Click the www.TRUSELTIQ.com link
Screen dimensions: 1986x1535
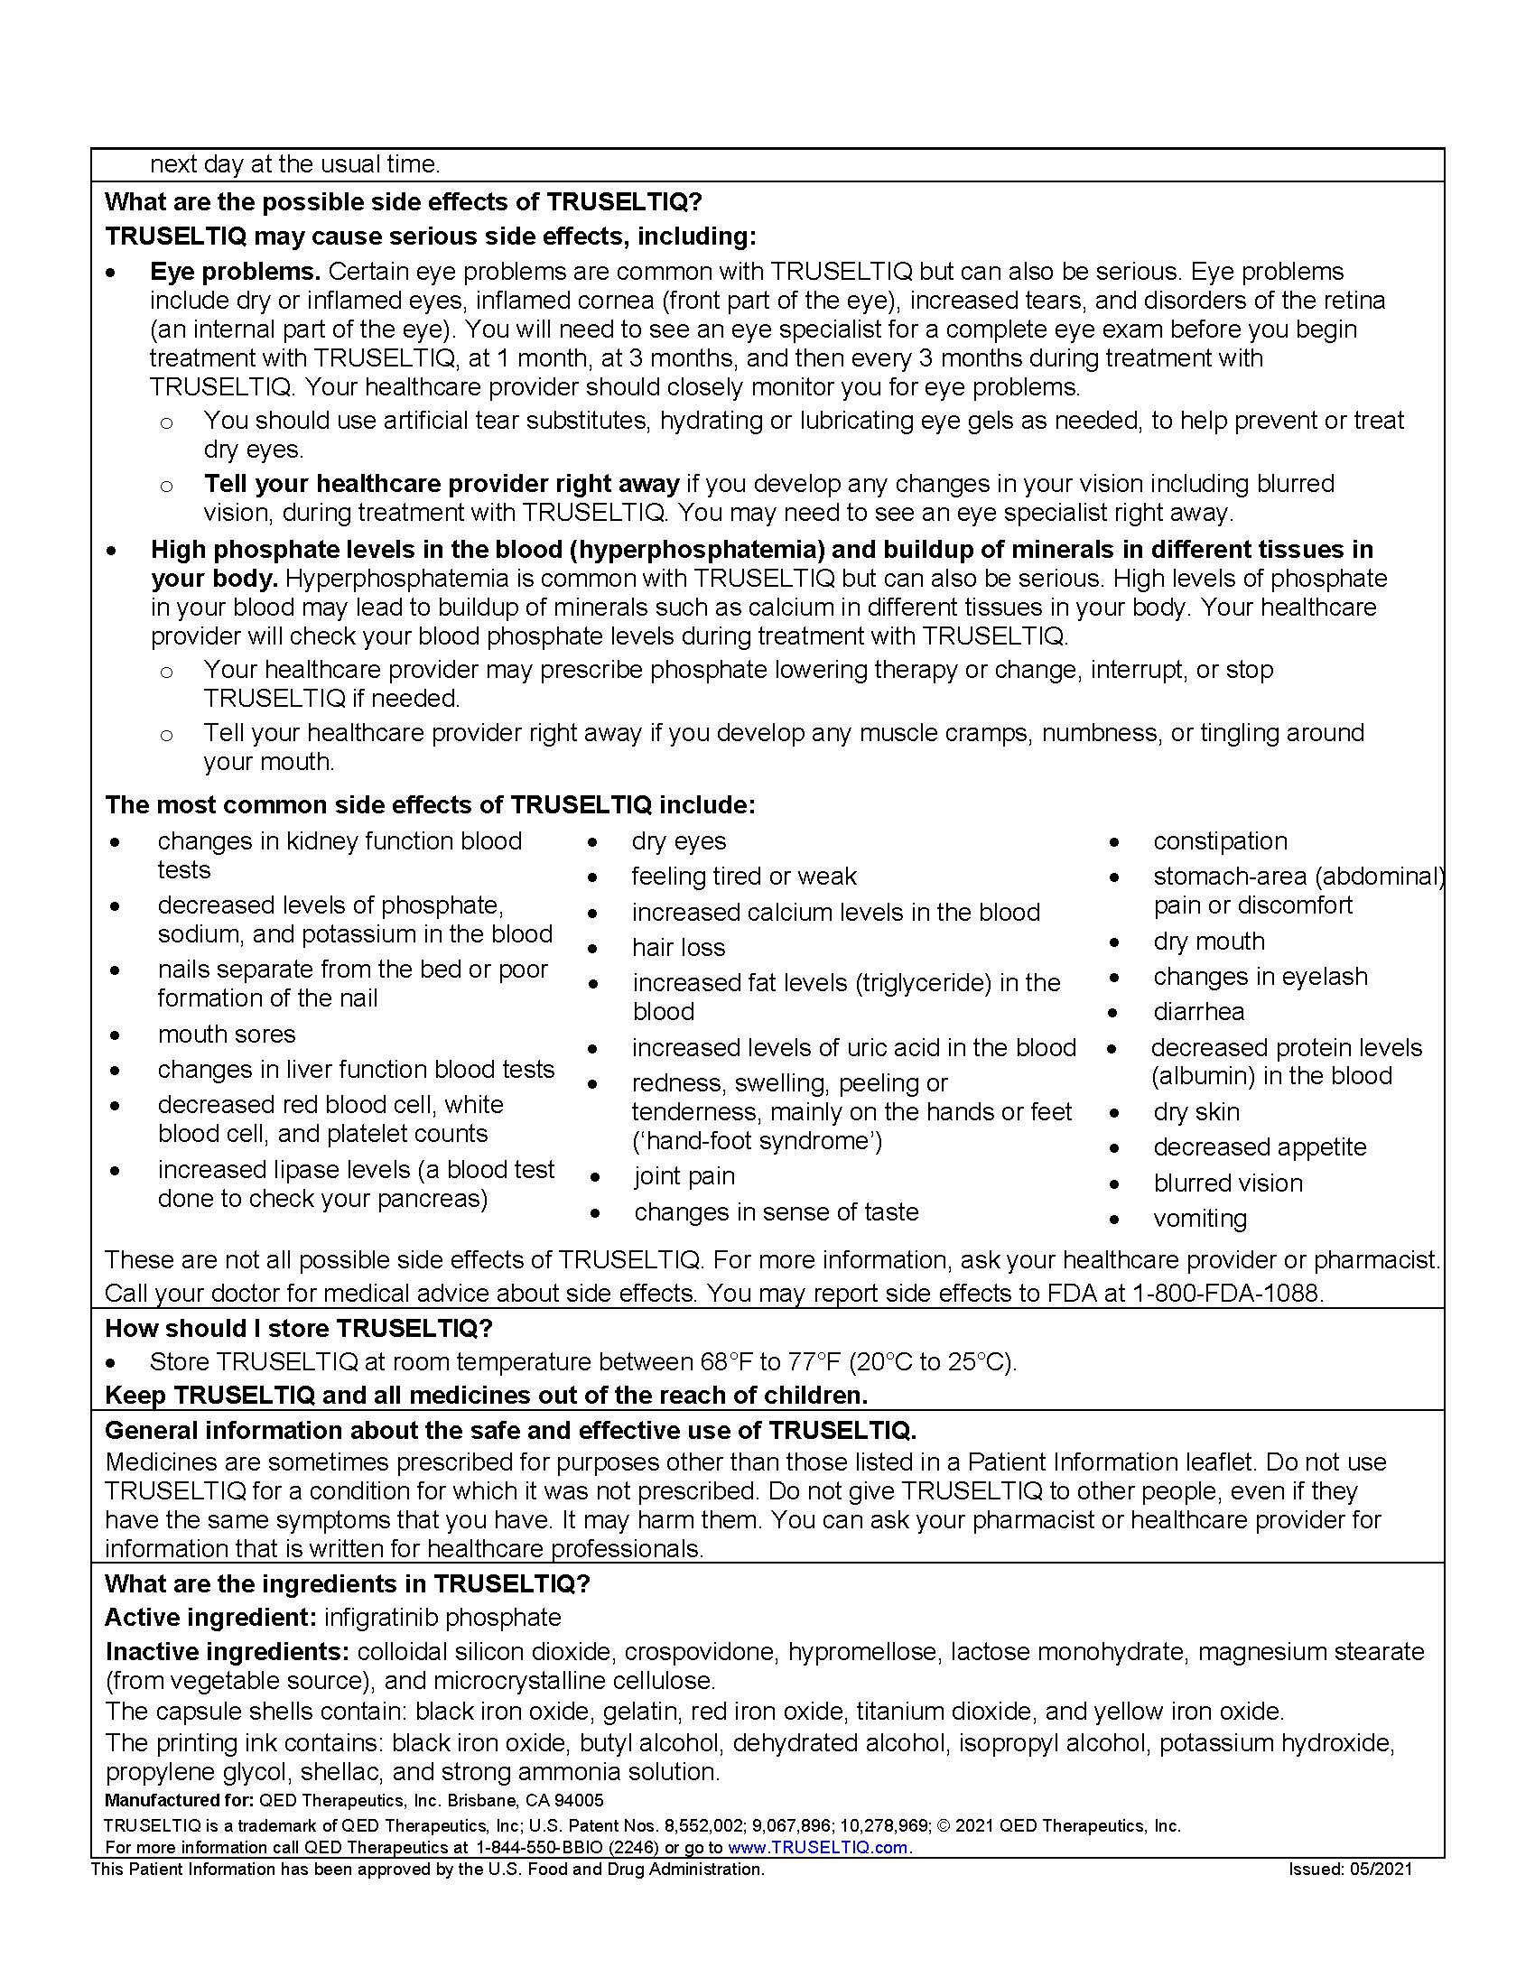pyautogui.click(x=817, y=1847)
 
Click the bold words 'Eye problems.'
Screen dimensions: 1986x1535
pyautogui.click(x=235, y=272)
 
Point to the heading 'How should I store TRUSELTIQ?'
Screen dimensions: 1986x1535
pyautogui.click(x=298, y=1329)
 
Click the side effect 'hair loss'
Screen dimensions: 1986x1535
pyautogui.click(x=678, y=948)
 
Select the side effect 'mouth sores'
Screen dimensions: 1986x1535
pyautogui.click(x=227, y=1034)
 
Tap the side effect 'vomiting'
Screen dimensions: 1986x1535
pyautogui.click(x=1199, y=1219)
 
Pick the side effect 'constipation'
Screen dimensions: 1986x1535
pyautogui.click(x=1221, y=841)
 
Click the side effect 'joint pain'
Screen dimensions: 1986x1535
pyautogui.click(x=684, y=1176)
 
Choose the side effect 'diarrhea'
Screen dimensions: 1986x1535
pyautogui.click(x=1198, y=1012)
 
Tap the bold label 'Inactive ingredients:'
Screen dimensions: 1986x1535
pyautogui.click(x=228, y=1651)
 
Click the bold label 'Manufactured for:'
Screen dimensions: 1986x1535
pyautogui.click(x=178, y=1801)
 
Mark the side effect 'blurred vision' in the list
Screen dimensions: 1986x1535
pyautogui.click(x=1228, y=1183)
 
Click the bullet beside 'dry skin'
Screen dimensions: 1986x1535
pyautogui.click(x=1114, y=1113)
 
